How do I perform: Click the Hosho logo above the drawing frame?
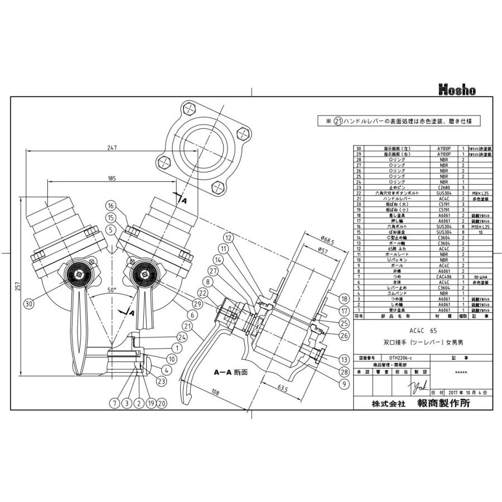(x=457, y=89)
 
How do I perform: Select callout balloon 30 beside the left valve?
(x=29, y=303)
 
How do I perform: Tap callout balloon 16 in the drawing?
(x=111, y=205)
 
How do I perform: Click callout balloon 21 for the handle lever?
(x=186, y=326)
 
